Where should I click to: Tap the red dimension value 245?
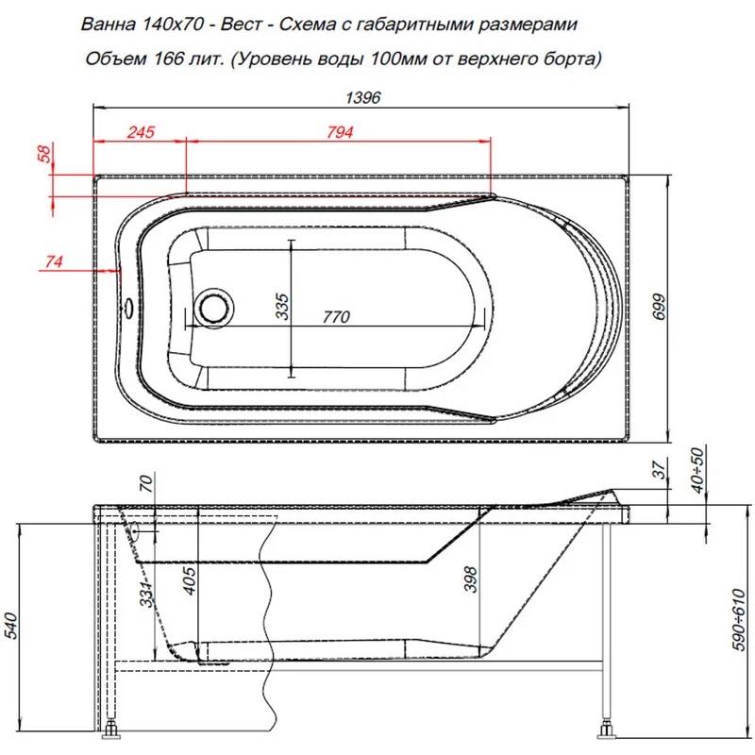click(139, 133)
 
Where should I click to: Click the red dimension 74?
click(53, 262)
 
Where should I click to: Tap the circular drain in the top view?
click(214, 307)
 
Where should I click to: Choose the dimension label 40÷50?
click(698, 469)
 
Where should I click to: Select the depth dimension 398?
click(471, 578)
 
